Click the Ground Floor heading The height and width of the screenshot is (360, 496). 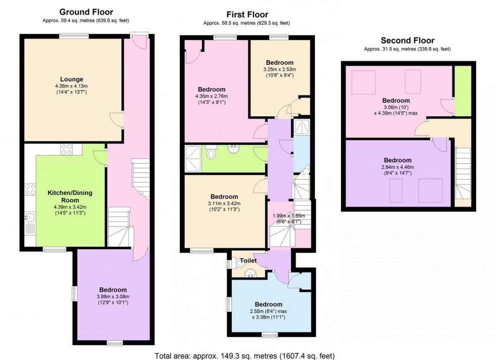click(86, 12)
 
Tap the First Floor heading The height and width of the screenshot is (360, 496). click(246, 15)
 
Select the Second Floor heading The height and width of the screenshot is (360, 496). click(407, 40)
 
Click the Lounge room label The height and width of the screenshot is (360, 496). click(71, 79)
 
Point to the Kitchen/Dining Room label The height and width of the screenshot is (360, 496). click(69, 197)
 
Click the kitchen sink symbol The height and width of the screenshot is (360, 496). click(29, 218)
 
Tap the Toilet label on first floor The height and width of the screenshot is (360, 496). click(248, 261)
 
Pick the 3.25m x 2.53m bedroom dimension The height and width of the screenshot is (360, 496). click(279, 69)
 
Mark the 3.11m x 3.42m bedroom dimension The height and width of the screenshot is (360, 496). click(224, 203)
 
